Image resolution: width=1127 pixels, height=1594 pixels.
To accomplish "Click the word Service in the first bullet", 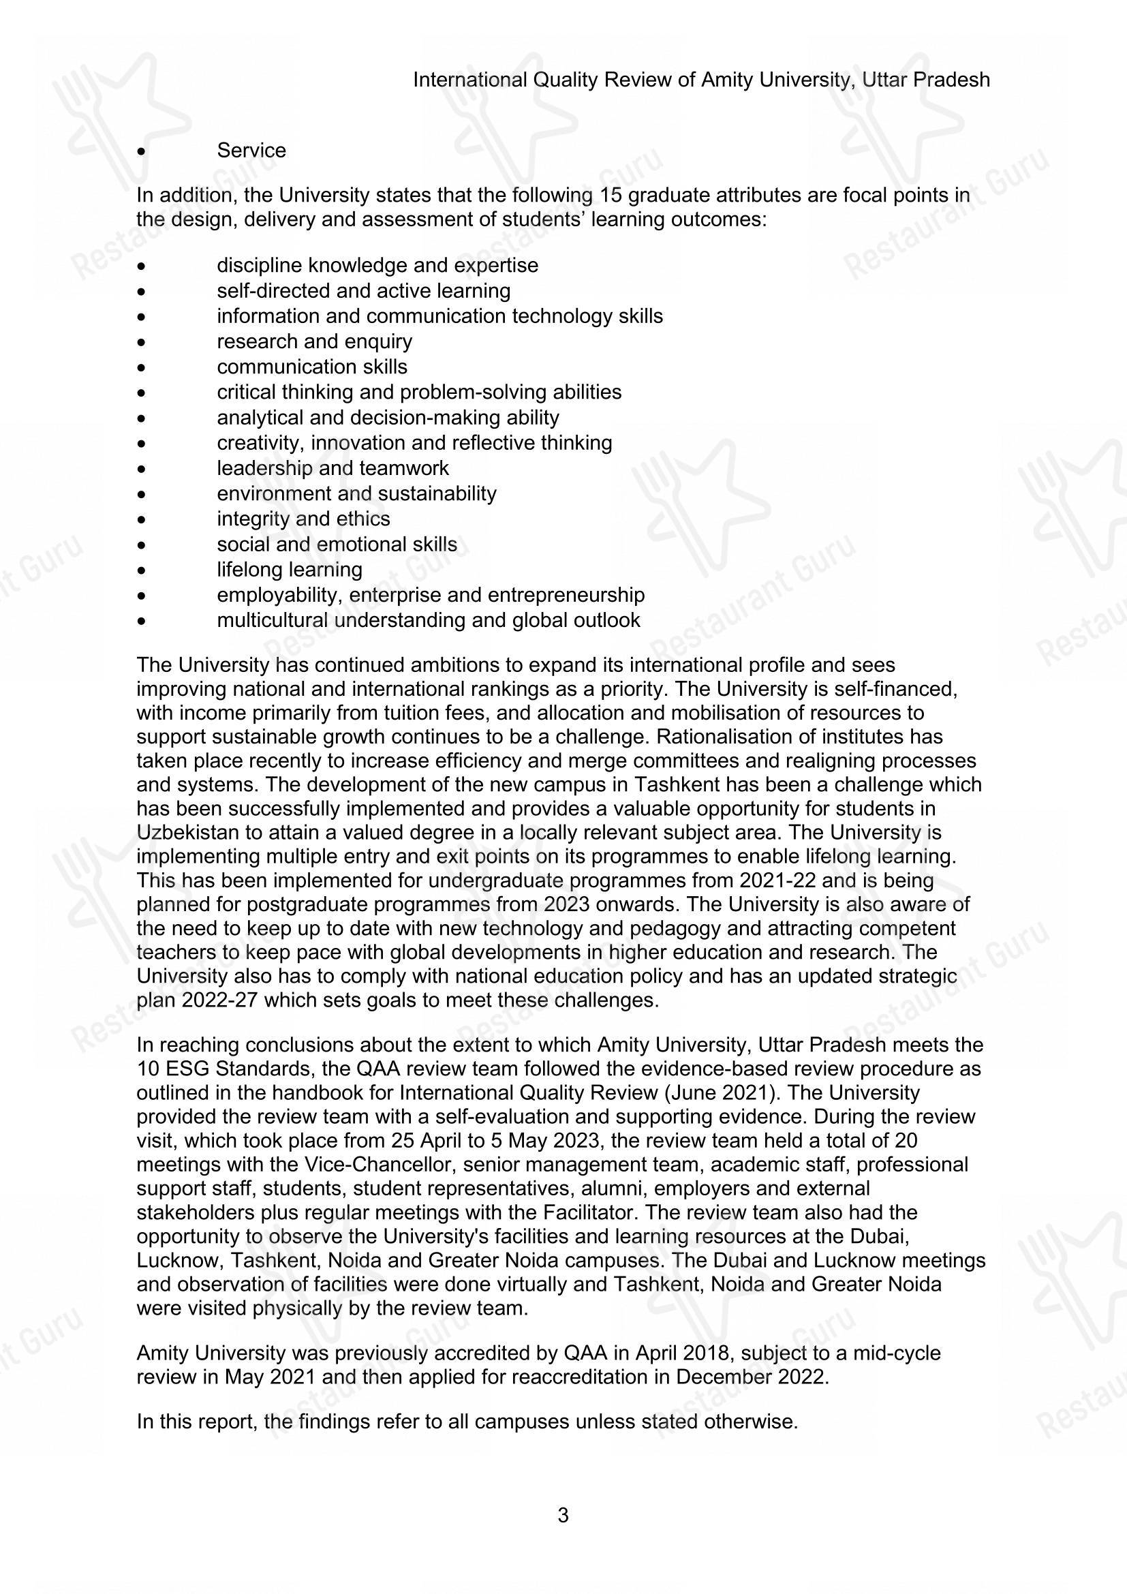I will click(x=251, y=151).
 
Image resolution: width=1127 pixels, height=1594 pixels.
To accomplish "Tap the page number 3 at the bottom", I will click(x=563, y=1515).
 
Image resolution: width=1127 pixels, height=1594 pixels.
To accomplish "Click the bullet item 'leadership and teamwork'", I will click(x=333, y=469).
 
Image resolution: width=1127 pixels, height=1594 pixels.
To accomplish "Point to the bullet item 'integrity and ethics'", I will click(x=303, y=519).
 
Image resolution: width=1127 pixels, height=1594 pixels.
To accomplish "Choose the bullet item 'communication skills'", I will click(x=311, y=367).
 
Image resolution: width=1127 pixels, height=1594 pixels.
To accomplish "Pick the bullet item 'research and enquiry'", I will click(x=314, y=341).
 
